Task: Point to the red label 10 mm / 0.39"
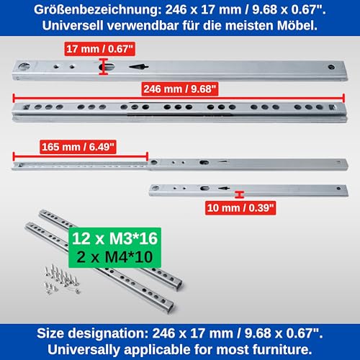238,207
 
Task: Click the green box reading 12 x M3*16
113,238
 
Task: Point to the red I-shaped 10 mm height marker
238,193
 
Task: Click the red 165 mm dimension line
79,154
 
